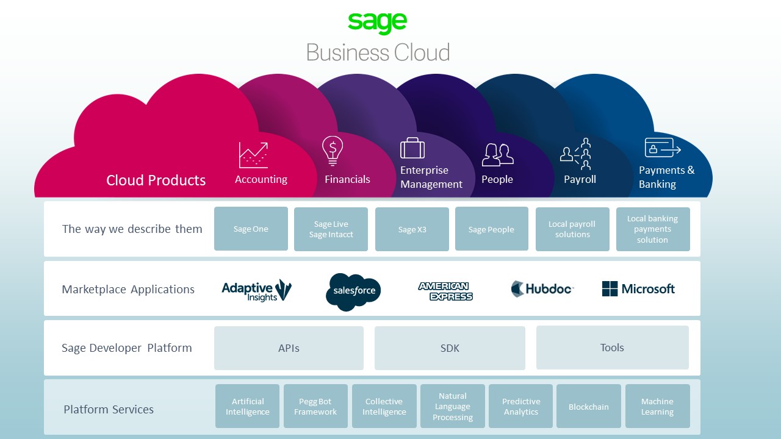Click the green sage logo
(x=378, y=23)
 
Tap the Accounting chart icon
(x=253, y=155)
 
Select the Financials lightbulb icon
(x=333, y=150)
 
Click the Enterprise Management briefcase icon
(x=412, y=148)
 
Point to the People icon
(x=497, y=155)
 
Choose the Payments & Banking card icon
(x=662, y=148)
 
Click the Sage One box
(x=251, y=229)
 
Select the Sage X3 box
(x=412, y=229)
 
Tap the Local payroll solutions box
(x=572, y=229)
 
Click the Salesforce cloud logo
(x=354, y=291)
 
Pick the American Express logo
(x=445, y=291)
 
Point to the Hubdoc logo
(x=542, y=289)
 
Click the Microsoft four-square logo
(x=610, y=289)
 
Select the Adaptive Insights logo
(x=256, y=290)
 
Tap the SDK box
(x=450, y=348)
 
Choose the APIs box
(x=289, y=348)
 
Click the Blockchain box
(x=588, y=406)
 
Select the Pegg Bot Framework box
(x=315, y=406)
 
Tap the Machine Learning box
(x=657, y=406)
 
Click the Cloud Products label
(x=156, y=180)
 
